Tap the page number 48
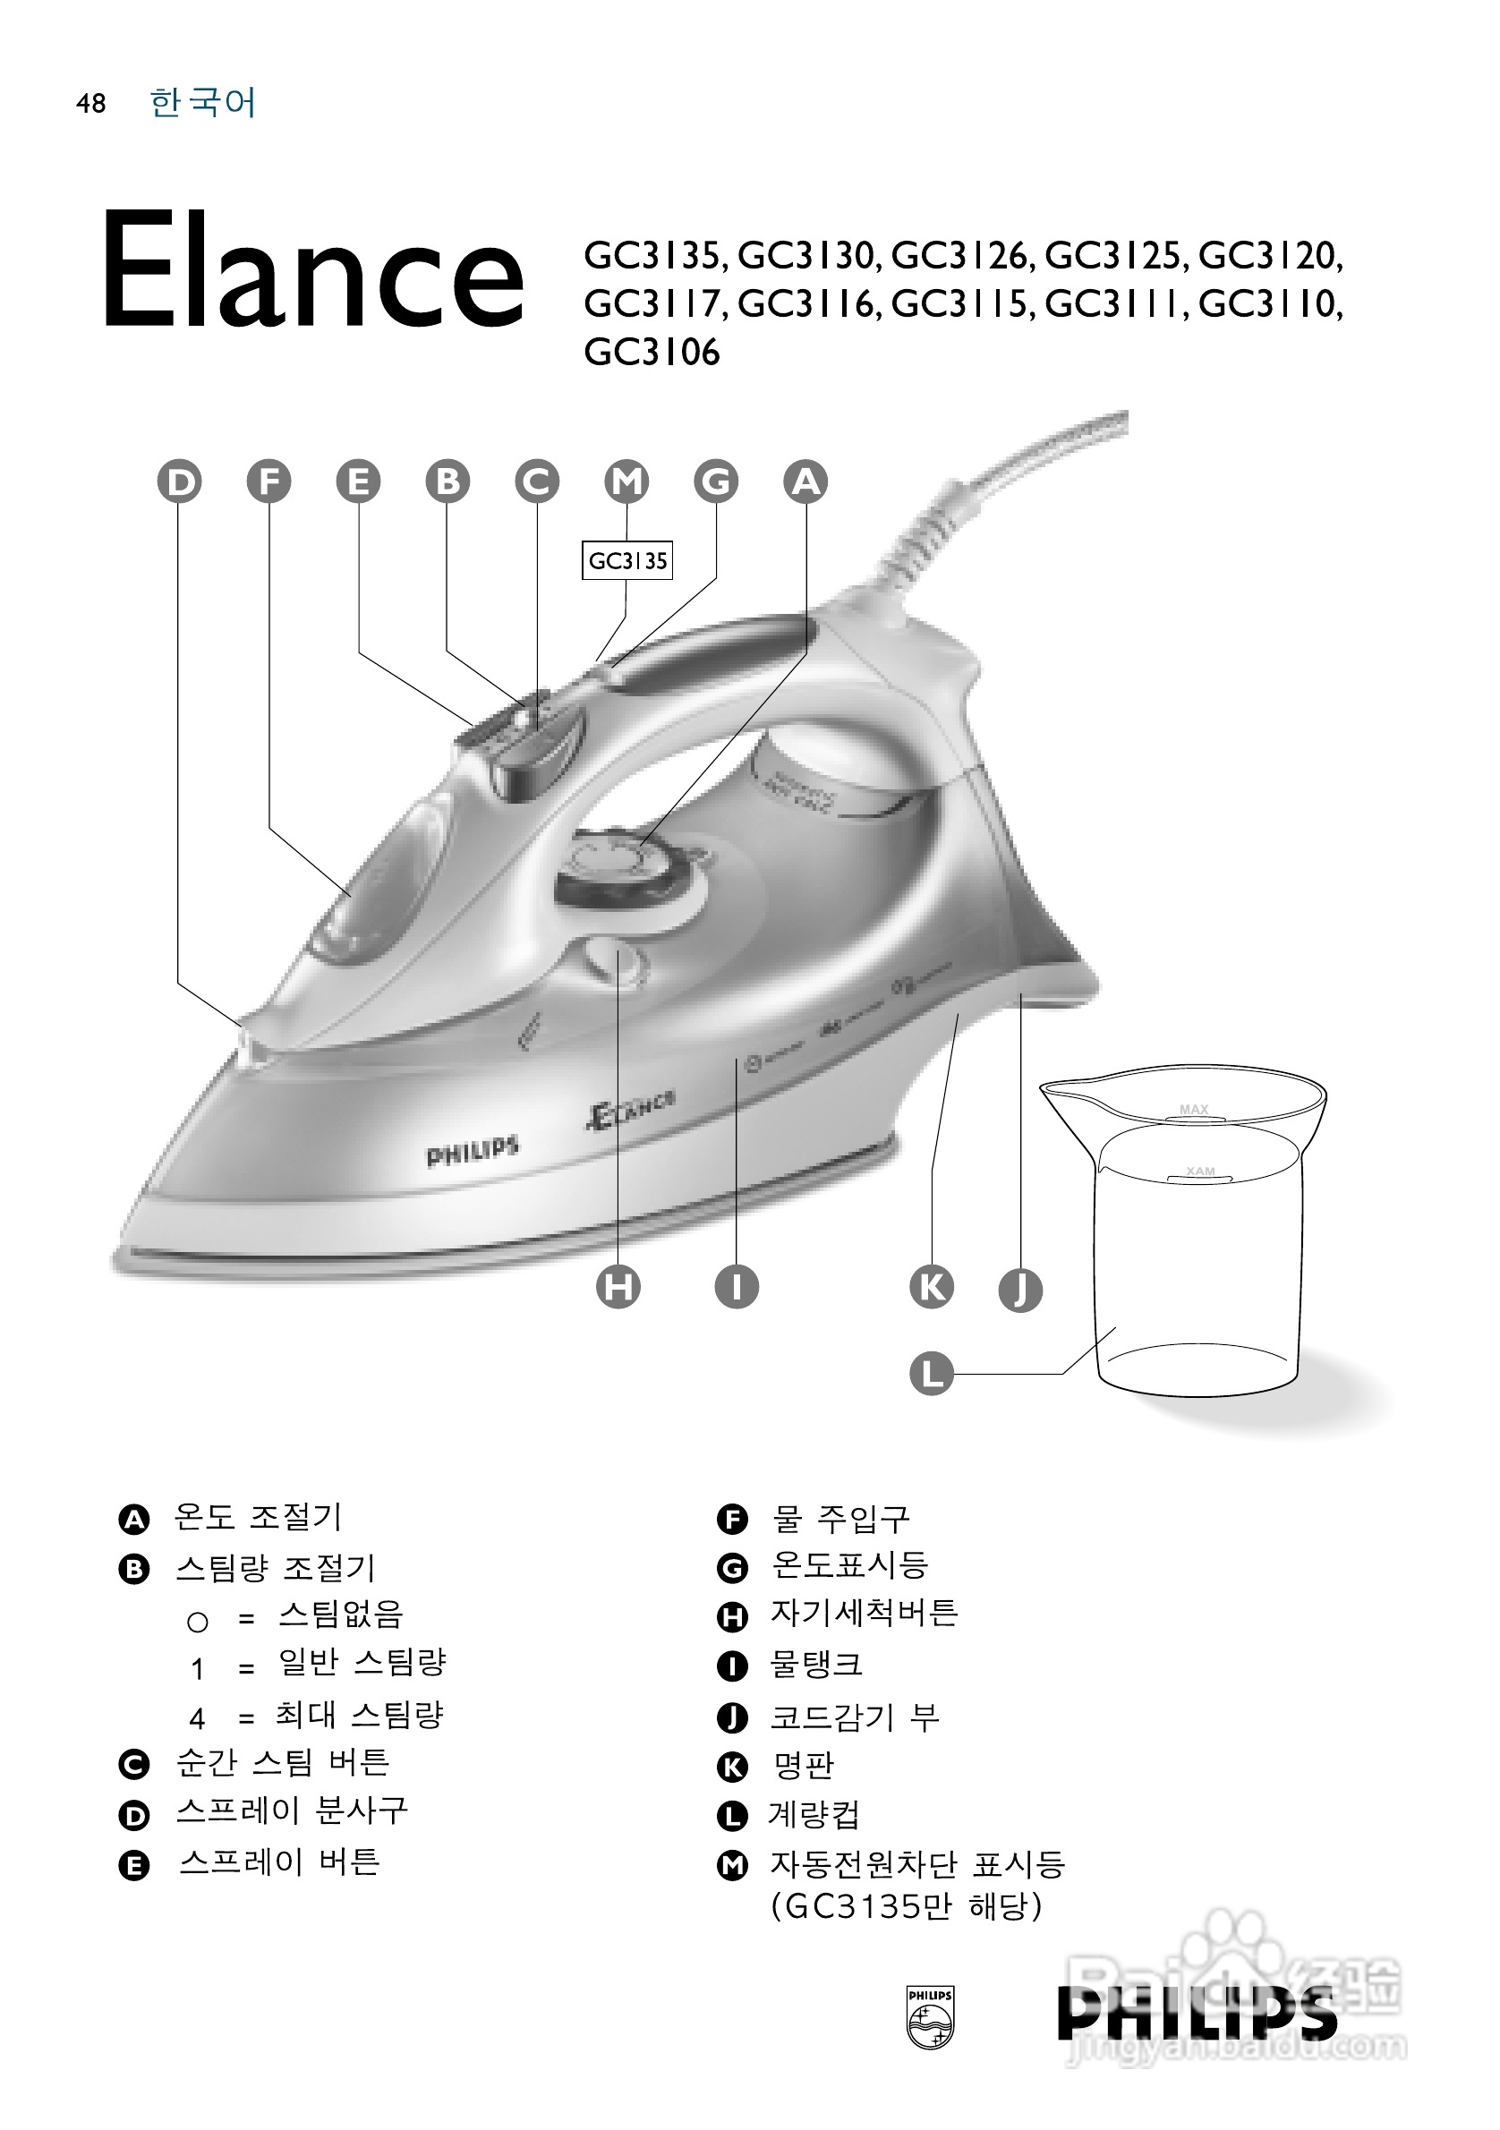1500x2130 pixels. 91,103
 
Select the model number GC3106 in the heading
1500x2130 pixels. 652,353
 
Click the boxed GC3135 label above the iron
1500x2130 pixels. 627,561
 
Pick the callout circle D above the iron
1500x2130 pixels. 179,481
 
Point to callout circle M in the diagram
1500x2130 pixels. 626,481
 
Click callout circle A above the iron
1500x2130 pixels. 805,481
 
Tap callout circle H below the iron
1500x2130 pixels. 618,1287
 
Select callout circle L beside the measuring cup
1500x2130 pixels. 932,1373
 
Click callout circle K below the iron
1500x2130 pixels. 932,1287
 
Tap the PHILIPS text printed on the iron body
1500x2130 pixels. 473,1152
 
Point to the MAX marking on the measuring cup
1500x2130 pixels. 1194,1110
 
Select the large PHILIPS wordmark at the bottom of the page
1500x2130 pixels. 1197,2013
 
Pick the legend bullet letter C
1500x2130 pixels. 134,1764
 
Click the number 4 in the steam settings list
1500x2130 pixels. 197,1719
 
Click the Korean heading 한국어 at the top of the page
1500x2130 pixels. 202,102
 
